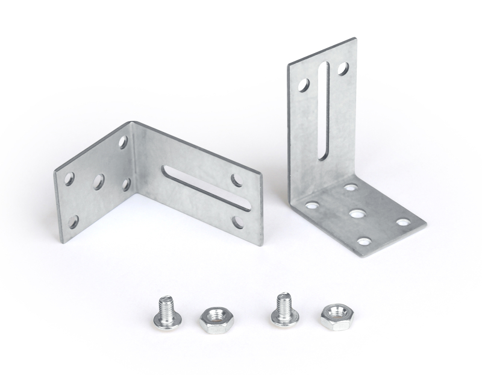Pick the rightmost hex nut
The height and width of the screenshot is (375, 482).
click(334, 316)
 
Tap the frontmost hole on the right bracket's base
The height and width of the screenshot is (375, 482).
click(364, 241)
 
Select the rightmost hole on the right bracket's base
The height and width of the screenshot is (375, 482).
click(403, 222)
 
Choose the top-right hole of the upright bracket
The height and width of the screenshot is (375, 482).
click(342, 69)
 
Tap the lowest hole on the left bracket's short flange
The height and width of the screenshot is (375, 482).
click(73, 222)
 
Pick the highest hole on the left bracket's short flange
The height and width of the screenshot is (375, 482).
click(123, 142)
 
